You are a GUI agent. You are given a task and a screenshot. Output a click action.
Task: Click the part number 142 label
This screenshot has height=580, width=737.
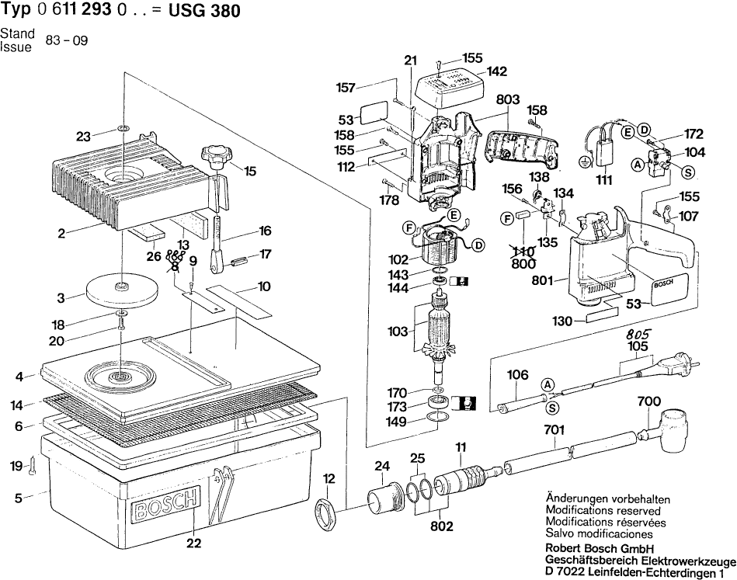coord(497,71)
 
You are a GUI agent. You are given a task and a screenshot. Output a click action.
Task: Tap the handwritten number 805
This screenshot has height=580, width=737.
coord(638,333)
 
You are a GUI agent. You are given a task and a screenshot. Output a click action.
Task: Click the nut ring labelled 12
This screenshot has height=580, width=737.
coord(325,513)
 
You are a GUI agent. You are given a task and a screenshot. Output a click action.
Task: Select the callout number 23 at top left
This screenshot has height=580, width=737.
coord(84,137)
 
